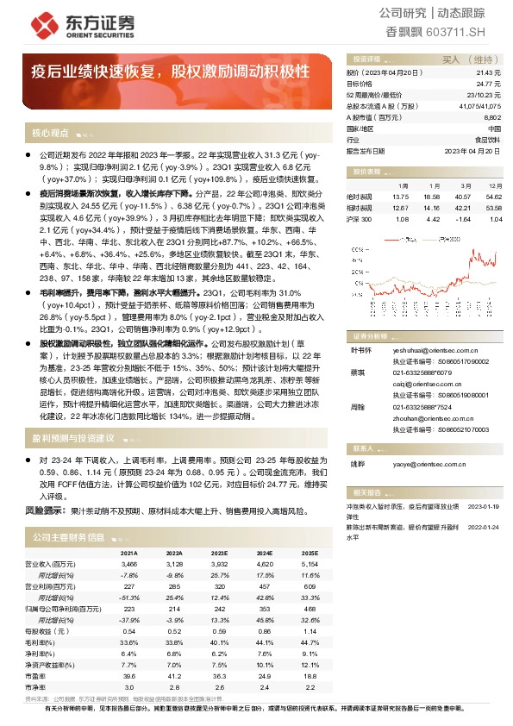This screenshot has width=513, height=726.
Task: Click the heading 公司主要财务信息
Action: coord(68,536)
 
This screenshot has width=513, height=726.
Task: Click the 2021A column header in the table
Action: coord(128,553)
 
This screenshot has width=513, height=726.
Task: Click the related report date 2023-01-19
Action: coord(485,506)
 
